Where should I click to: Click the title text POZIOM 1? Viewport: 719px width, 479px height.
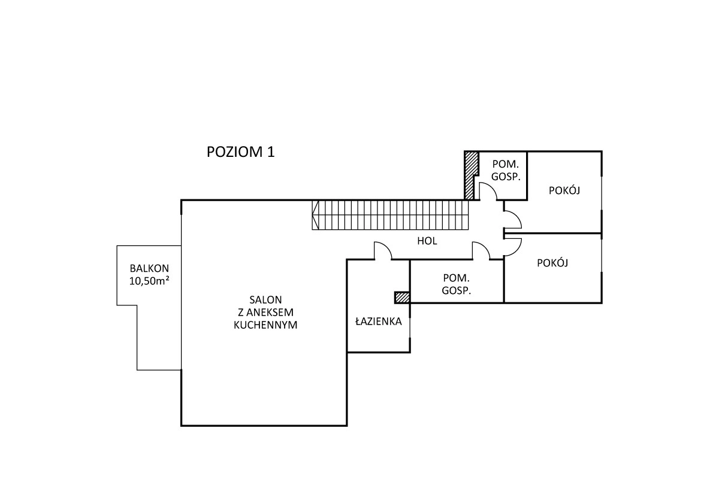(240, 151)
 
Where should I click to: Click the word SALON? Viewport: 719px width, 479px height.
(266, 299)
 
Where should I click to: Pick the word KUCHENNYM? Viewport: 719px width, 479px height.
(266, 326)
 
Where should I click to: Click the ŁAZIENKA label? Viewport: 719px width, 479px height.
(377, 322)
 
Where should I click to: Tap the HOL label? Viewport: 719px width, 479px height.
(427, 241)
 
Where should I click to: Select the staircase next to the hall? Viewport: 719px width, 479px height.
(389, 215)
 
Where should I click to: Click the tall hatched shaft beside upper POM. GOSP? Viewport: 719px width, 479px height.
(471, 174)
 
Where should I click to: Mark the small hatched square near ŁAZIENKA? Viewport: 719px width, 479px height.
(401, 296)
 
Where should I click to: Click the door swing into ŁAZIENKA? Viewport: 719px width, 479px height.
(383, 251)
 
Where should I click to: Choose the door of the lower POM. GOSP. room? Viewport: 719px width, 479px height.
(481, 251)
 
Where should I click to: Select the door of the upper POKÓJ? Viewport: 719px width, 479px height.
(512, 220)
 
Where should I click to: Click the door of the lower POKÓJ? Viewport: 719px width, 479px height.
(513, 246)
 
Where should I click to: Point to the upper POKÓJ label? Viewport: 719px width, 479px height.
(565, 190)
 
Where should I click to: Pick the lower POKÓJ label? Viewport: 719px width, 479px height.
(552, 263)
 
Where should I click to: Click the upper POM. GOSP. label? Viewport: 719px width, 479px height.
(505, 170)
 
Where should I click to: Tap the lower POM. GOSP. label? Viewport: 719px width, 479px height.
(456, 284)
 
